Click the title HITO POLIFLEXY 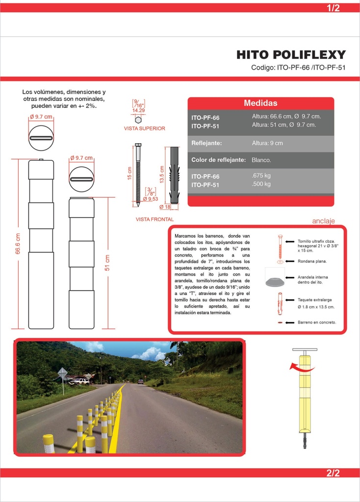click(x=291, y=55)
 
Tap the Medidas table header click(x=261, y=103)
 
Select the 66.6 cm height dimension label click(x=18, y=244)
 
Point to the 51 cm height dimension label click(x=107, y=263)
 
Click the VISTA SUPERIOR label click(x=145, y=128)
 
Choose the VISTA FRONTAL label click(x=154, y=219)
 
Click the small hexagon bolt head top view click(x=138, y=120)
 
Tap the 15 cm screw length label click(x=129, y=173)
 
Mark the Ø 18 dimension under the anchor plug click(x=165, y=207)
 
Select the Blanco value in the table click(x=261, y=160)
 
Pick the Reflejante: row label click(x=206, y=143)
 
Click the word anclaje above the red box click(x=324, y=221)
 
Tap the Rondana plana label click(x=312, y=261)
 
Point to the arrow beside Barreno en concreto click(x=290, y=323)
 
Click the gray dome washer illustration click(x=275, y=281)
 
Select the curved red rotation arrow click(x=301, y=367)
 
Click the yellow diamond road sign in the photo click(x=62, y=373)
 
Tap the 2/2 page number click(x=333, y=473)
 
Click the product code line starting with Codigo click(x=298, y=68)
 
